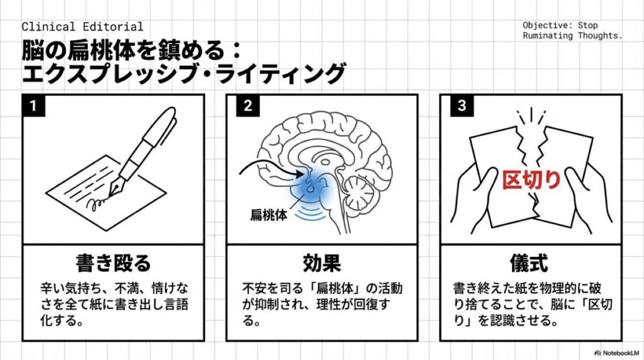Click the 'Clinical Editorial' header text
[x=82, y=27]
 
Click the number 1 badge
[x=33, y=105]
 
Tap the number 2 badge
[x=247, y=105]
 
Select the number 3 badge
[x=462, y=105]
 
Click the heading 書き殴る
[x=113, y=263]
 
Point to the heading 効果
[x=321, y=263]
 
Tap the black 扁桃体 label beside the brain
[x=267, y=214]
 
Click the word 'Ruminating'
[x=548, y=36]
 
